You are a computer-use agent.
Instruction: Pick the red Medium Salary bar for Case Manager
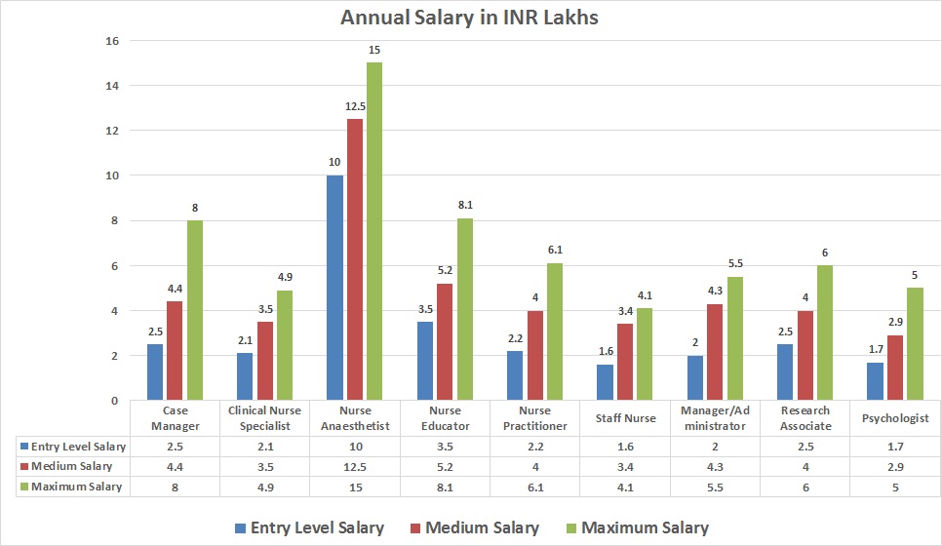click(176, 351)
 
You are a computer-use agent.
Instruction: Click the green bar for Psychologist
click(915, 344)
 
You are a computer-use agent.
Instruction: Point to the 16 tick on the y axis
click(112, 41)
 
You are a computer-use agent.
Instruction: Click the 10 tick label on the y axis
click(112, 176)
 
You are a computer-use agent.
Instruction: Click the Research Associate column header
click(805, 418)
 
